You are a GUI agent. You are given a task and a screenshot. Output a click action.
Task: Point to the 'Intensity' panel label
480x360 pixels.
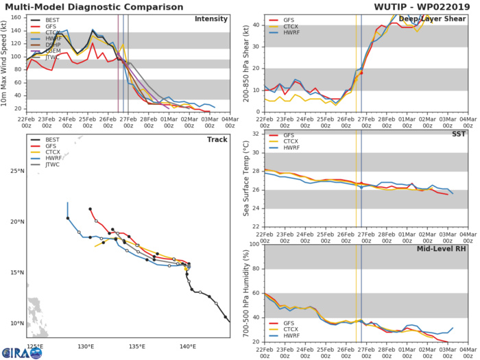[212, 19]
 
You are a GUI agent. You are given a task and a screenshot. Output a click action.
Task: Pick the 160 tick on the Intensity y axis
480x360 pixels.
[18, 16]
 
